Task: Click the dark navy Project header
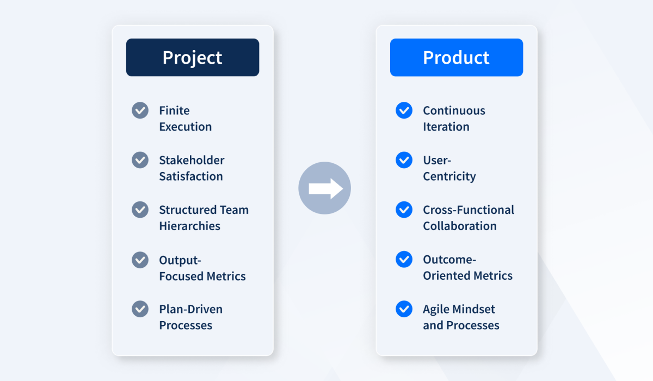193,58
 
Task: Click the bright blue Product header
457,58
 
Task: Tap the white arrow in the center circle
325,189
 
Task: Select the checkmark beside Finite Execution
140,110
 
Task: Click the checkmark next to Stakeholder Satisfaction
140,159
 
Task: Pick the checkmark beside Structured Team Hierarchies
140,210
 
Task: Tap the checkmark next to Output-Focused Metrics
140,260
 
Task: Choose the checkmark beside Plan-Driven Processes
140,309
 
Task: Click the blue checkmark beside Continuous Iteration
404,110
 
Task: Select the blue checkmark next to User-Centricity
404,159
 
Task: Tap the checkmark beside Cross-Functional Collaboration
404,210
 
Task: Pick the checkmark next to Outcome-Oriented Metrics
404,259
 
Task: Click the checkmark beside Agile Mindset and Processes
404,309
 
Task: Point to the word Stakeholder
192,160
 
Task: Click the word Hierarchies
190,226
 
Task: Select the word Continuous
454,110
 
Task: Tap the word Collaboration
460,226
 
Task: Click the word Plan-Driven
191,309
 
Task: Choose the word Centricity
449,177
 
